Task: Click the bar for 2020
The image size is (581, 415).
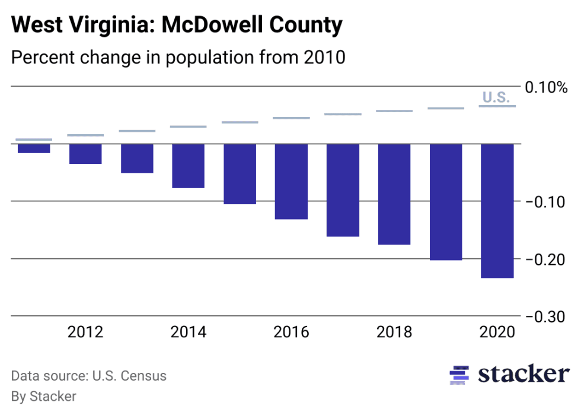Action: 497,211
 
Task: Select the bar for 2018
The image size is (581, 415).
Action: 394,194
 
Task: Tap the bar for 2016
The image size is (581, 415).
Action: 291,182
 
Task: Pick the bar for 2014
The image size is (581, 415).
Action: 189,166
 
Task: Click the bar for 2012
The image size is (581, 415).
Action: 85,154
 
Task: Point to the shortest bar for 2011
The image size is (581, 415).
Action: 34,148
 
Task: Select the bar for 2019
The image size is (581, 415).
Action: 446,202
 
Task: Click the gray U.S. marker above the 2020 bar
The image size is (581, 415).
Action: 497,106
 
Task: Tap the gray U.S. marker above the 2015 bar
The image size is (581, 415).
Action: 240,122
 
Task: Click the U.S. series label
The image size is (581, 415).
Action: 496,97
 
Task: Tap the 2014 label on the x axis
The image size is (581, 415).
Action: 189,332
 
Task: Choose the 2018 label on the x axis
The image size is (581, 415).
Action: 394,332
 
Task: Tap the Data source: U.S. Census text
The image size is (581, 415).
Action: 89,376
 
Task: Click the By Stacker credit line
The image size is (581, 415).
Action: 44,396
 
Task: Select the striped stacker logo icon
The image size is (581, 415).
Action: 460,375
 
